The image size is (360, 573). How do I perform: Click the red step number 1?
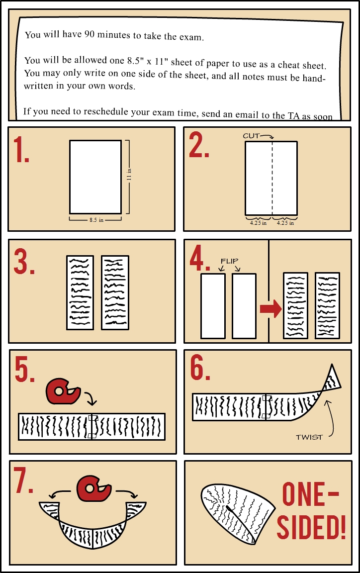tap(21, 149)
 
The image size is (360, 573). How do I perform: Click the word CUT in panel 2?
tap(251, 136)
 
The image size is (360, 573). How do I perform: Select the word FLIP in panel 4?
tap(229, 261)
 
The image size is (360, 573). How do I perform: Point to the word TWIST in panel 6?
tap(309, 437)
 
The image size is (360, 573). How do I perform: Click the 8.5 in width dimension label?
tap(96, 220)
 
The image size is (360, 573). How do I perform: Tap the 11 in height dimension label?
tap(129, 174)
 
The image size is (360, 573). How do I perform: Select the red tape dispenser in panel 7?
tap(94, 488)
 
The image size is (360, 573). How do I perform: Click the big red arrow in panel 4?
tap(271, 309)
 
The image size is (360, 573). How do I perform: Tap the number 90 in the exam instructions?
tap(90, 34)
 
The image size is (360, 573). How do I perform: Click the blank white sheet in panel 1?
tap(95, 177)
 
